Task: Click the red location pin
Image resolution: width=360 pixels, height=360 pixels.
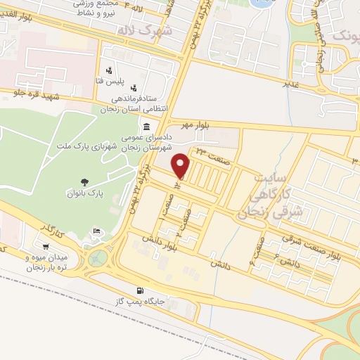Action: pos(181,165)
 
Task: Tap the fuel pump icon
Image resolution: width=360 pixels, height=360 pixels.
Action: pos(141,290)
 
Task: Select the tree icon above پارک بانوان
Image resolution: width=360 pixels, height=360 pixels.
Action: pos(86,181)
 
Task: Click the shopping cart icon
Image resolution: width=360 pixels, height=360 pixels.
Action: pos(46,247)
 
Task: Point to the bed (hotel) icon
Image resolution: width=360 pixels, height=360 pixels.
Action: pos(96,232)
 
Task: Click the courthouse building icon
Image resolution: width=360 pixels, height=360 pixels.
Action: pos(146,127)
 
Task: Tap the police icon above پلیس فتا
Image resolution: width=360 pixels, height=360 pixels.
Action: pos(109,70)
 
